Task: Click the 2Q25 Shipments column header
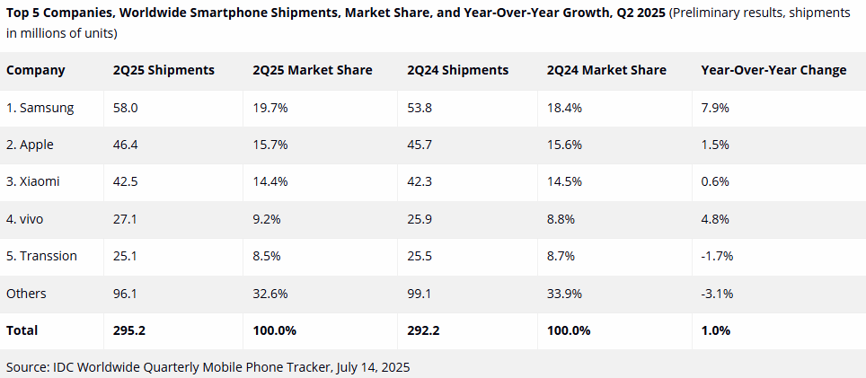pos(163,70)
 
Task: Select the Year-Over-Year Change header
pos(773,70)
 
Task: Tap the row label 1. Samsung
pos(40,108)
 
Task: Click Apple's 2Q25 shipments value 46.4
pos(125,145)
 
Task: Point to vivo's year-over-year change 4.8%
pos(715,218)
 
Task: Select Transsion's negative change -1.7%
pos(717,256)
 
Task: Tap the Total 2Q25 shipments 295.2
pos(129,330)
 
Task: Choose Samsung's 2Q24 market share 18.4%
pos(564,108)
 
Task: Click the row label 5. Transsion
pos(41,256)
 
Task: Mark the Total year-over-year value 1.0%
pos(716,330)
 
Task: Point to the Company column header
pos(36,70)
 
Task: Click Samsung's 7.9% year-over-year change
pos(715,108)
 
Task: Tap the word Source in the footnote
pos(27,367)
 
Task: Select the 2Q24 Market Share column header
pos(606,70)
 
